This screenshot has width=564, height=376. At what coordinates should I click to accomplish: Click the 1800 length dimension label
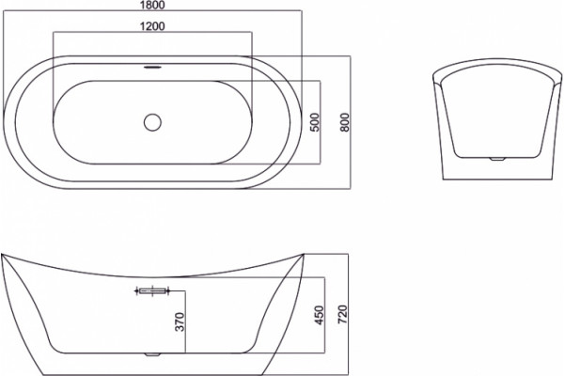152,5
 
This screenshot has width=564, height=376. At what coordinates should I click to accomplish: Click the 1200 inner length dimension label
152,26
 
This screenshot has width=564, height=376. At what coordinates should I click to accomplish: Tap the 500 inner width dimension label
314,122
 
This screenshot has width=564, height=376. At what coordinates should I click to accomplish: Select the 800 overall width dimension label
345,122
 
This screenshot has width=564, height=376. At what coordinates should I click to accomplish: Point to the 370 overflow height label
180,322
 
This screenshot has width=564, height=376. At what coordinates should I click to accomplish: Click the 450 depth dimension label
320,315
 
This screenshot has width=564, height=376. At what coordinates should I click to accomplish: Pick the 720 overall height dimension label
343,314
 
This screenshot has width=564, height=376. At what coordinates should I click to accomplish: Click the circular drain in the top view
152,122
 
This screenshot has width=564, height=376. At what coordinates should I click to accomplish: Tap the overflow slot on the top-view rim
152,67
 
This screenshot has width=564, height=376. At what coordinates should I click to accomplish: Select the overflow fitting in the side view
152,290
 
